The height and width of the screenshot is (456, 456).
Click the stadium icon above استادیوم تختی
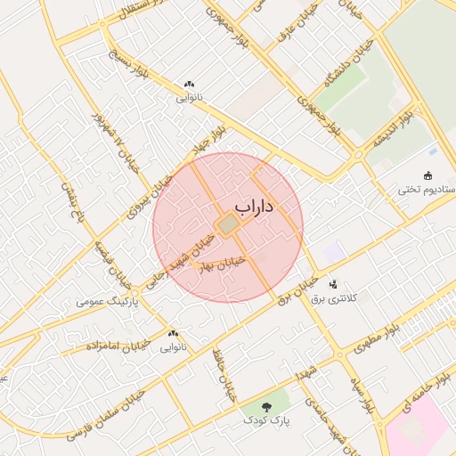(429, 175)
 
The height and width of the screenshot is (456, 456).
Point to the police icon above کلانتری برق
(333, 285)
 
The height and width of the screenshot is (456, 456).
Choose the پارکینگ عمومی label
(104, 302)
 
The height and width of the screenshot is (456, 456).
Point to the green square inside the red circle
(229, 226)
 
